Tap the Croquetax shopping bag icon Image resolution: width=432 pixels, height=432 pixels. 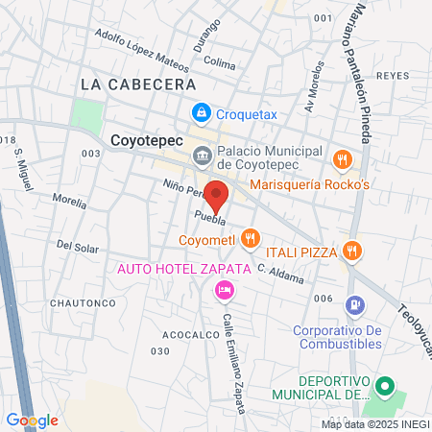[201, 113]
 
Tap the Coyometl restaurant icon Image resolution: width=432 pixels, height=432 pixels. [250, 236]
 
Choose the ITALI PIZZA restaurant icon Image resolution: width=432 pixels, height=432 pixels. [352, 252]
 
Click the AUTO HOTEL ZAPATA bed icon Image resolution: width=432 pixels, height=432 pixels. [224, 289]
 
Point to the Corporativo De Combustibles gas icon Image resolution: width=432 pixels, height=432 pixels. [356, 304]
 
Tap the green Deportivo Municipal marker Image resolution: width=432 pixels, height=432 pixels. [385, 388]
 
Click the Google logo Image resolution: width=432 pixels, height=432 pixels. [32, 420]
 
